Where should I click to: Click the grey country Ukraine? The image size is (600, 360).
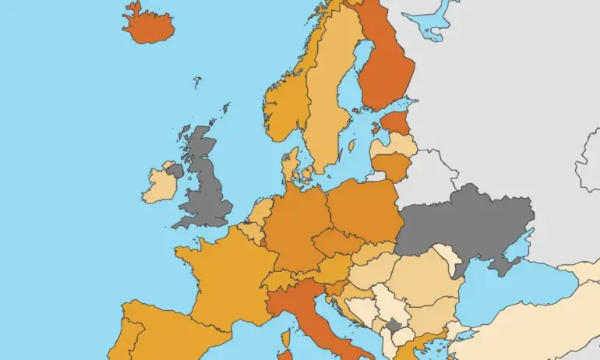click(x=468, y=222)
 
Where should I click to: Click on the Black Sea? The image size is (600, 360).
click(x=506, y=292)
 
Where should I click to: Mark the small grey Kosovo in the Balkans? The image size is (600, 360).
click(x=394, y=325)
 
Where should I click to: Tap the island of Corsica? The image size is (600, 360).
click(x=285, y=338)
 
